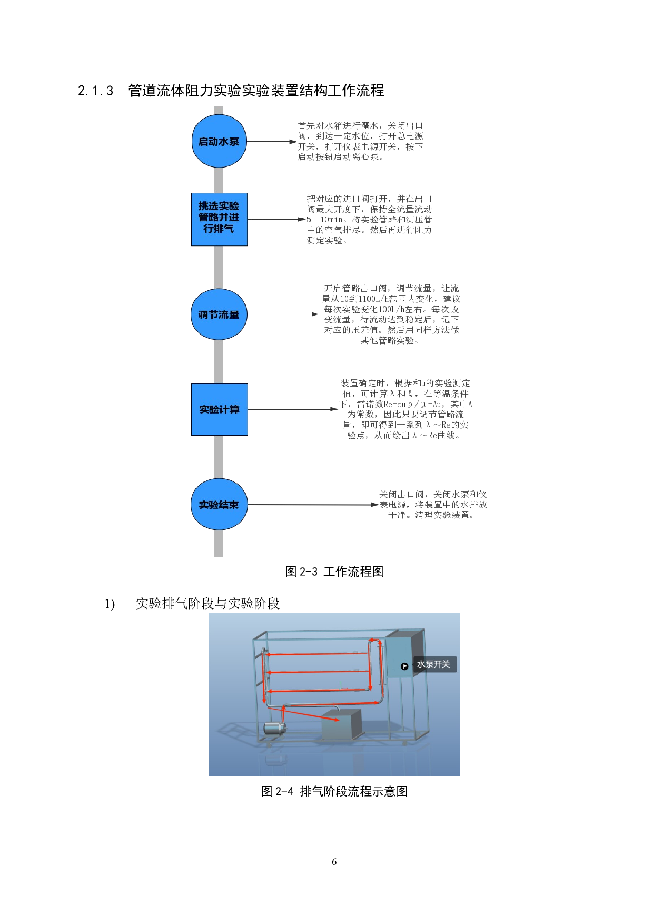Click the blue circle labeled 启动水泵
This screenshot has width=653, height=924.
(219, 141)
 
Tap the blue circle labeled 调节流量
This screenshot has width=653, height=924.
(219, 314)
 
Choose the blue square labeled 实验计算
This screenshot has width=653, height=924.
(219, 409)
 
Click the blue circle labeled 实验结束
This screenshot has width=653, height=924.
(219, 505)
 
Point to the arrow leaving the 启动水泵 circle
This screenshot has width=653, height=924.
(272, 142)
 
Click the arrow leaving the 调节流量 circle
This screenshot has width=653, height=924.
(283, 314)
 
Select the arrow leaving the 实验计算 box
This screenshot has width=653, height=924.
(293, 409)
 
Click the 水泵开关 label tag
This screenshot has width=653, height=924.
(434, 664)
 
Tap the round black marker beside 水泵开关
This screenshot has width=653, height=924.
(404, 666)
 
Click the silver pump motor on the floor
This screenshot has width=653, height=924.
(274, 728)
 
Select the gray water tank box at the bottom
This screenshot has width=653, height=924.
(341, 724)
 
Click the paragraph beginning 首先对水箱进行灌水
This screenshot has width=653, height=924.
(361, 141)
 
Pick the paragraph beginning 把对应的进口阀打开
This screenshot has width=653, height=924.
(369, 219)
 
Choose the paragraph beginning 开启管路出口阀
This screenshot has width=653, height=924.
(391, 314)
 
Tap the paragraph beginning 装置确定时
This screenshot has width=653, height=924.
(405, 409)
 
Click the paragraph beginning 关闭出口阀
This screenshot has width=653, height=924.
(433, 505)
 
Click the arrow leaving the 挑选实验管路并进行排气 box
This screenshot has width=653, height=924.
(276, 219)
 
